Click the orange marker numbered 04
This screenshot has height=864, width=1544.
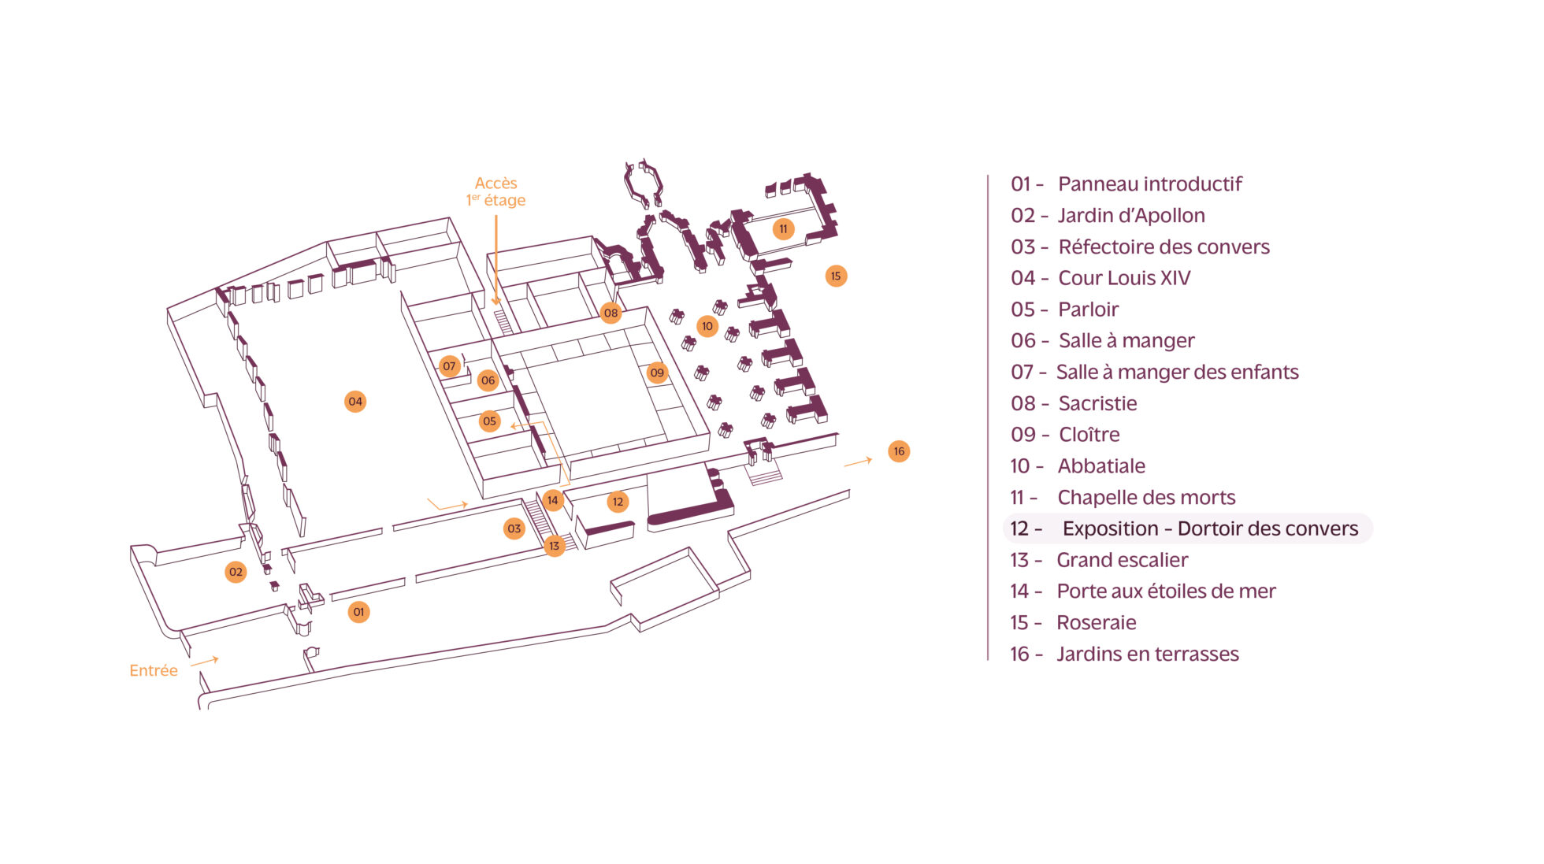tap(355, 402)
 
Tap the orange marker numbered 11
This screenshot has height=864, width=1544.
tap(783, 229)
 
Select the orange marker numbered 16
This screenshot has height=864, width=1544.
tap(899, 451)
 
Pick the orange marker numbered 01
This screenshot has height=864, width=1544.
tap(358, 612)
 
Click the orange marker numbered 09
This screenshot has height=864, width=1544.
tap(657, 373)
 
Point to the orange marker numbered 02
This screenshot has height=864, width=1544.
tap(236, 572)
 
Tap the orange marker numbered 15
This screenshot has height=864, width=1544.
tap(836, 276)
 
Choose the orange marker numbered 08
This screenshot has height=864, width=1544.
tap(611, 313)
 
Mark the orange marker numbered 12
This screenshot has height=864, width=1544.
tap(618, 502)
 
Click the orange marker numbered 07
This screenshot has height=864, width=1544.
tap(449, 366)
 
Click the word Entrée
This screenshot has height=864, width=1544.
tap(154, 670)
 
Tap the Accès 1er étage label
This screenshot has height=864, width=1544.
tap(495, 191)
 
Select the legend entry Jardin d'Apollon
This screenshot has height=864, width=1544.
tap(1108, 215)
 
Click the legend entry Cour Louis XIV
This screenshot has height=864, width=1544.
tap(1100, 278)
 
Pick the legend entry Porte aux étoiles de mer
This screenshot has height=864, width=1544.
tap(1143, 591)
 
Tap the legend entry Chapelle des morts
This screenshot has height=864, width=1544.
tap(1123, 497)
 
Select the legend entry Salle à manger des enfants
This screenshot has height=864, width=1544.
tap(1155, 372)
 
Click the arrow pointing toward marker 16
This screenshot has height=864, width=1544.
tap(858, 462)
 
